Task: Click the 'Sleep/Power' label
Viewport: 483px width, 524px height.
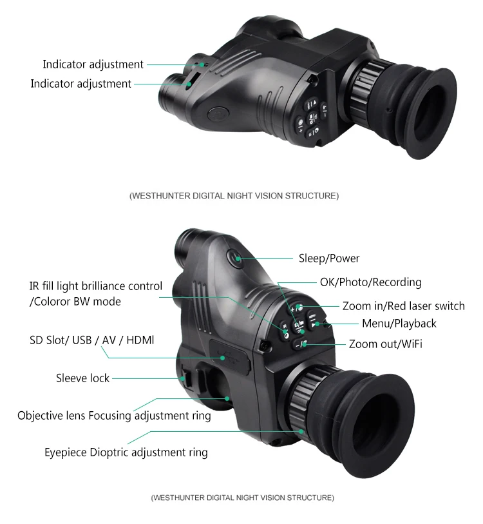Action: (x=328, y=258)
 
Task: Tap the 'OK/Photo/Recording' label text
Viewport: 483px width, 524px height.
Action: (x=370, y=282)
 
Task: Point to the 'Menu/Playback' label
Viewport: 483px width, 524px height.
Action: (x=399, y=323)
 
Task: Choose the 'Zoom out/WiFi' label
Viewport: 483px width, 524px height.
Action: (x=385, y=344)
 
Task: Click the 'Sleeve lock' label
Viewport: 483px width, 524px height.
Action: (x=82, y=378)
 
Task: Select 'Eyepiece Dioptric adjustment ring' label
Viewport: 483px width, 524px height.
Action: (x=126, y=452)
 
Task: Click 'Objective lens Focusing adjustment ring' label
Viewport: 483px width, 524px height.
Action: (x=114, y=416)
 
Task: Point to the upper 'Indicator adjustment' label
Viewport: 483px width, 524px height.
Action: (x=93, y=64)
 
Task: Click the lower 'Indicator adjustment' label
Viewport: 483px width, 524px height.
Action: (x=80, y=84)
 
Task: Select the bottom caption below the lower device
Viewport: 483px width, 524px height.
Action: (x=242, y=498)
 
